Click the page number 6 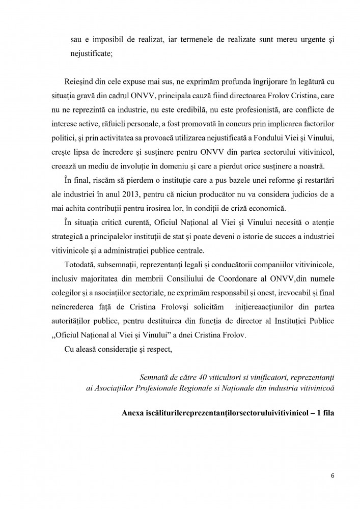click(333, 476)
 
